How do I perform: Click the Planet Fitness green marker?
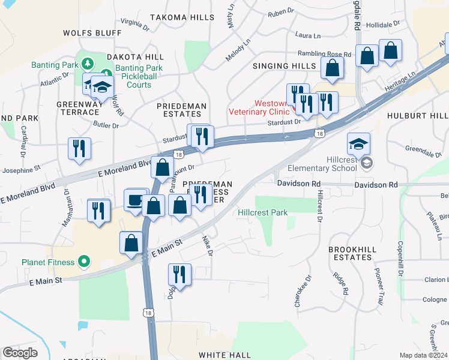[84, 262]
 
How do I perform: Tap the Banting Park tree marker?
[88, 64]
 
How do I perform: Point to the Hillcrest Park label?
[262, 212]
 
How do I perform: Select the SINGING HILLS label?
[284, 65]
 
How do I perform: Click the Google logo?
[20, 352]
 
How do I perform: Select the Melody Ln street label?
[238, 49]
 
